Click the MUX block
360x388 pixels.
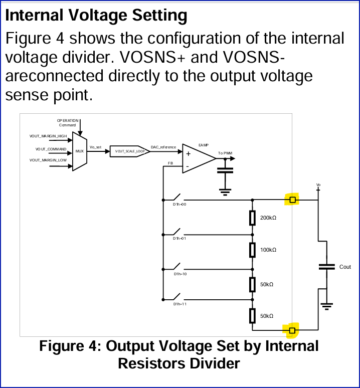pos(80,151)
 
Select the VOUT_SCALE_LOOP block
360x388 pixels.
pos(130,151)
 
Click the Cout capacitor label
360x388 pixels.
pos(345,267)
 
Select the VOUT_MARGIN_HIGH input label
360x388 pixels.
pos(48,136)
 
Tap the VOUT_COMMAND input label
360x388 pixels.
pos(50,149)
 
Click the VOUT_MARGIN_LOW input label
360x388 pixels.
pos(48,160)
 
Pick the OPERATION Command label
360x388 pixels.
pos(68,123)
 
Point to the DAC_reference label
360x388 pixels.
pos(163,147)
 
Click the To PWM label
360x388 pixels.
pos(225,153)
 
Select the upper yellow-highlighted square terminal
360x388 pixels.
pos(293,201)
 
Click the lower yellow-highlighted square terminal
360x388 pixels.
pos(292,330)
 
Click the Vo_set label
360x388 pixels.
pos(96,147)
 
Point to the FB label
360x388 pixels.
pos(170,163)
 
